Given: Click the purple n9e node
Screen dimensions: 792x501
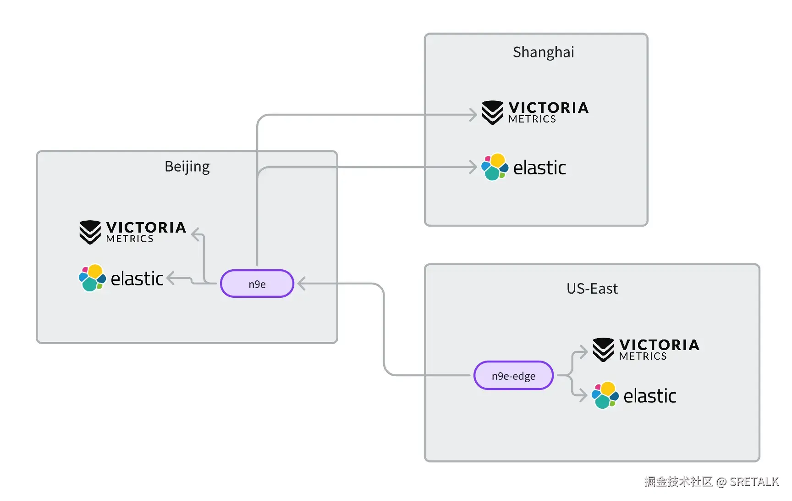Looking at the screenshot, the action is [257, 284].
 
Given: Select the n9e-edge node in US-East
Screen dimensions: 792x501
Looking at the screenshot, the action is [513, 375].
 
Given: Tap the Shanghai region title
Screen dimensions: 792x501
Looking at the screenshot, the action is [543, 52].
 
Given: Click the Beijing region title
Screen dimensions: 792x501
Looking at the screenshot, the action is [187, 167].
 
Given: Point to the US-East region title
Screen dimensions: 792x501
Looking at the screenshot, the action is [592, 289].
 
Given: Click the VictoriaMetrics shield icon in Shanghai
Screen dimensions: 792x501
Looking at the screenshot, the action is [493, 112].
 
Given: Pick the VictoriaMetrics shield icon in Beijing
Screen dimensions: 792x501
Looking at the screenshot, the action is [90, 232].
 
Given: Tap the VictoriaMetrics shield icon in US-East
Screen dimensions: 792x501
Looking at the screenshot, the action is [603, 350].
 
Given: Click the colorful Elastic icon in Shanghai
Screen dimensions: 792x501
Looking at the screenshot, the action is [495, 167].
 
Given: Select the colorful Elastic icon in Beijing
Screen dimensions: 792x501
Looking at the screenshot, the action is [92, 278].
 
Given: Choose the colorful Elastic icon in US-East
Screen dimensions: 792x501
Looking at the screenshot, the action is [605, 395].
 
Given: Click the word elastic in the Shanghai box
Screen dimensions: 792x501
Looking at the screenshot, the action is [539, 168].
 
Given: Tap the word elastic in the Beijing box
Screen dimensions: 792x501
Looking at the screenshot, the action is [137, 278].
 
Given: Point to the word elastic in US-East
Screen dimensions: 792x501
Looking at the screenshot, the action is [650, 396].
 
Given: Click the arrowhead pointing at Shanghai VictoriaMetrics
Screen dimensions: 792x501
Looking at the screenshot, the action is [473, 115].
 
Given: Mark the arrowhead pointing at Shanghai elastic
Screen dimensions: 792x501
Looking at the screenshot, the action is [473, 167].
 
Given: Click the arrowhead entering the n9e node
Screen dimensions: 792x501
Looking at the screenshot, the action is [302, 284].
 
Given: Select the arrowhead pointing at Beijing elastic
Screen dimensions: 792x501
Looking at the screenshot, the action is [171, 278].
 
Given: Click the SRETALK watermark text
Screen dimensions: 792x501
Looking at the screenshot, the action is [754, 481].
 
